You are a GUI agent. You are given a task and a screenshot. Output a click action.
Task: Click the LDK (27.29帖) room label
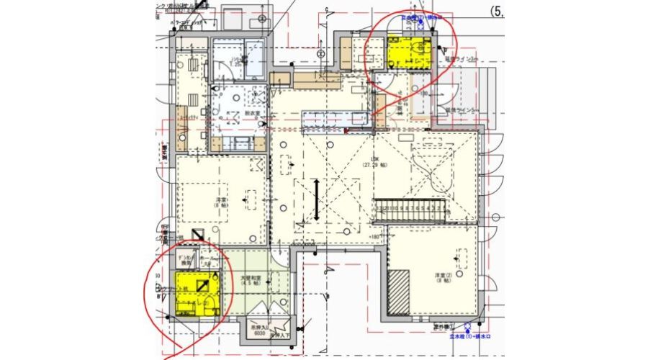374,161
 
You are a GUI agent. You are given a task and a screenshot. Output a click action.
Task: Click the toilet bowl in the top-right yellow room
421,50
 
